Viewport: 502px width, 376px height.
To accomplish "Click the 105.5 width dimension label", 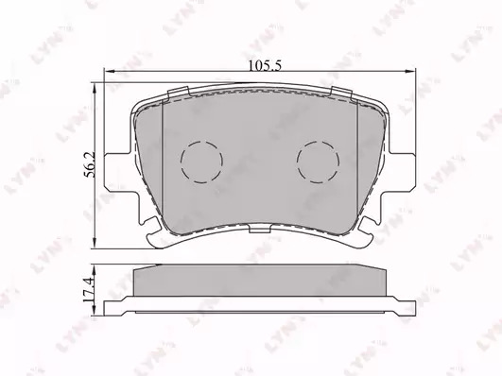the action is pos(265,65).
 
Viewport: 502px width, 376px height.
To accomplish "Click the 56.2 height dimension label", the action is pos(89,164).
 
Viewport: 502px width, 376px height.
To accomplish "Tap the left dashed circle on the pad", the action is pos(201,162).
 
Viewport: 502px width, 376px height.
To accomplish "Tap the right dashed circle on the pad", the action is pos(318,162).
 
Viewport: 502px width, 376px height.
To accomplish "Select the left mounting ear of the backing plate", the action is pos(119,173).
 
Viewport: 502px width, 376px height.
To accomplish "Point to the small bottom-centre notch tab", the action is pos(259,229).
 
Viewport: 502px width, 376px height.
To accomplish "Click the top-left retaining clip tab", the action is pos(179,92).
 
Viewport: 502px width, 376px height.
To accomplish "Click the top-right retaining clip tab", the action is pos(341,93).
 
